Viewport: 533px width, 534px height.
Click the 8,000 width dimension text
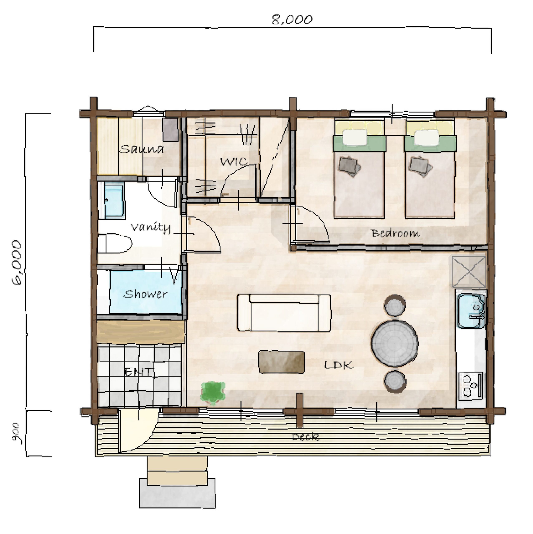pyautogui.click(x=292, y=20)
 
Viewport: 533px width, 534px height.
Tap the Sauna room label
pyautogui.click(x=142, y=149)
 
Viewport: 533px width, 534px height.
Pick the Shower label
pyautogui.click(x=145, y=294)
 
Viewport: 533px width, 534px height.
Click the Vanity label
pyautogui.click(x=151, y=228)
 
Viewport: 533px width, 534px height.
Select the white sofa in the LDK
pyautogui.click(x=284, y=313)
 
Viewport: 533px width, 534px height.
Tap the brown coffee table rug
pyautogui.click(x=282, y=362)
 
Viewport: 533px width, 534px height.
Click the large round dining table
pyautogui.click(x=395, y=343)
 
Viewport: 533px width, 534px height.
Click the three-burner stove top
pyautogui.click(x=471, y=386)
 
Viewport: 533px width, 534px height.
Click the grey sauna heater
pyautogui.click(x=170, y=130)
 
